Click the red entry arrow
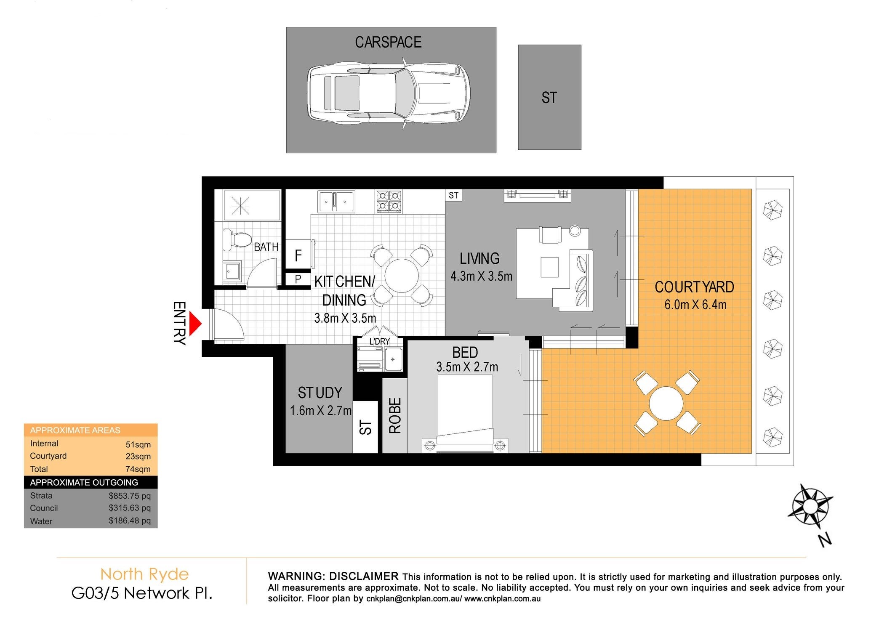click(195, 324)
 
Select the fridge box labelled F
click(298, 255)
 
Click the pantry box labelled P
click(298, 279)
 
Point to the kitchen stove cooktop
click(389, 201)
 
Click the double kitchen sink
click(336, 202)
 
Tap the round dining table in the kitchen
click(401, 276)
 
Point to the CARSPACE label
click(388, 42)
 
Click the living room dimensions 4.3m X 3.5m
click(481, 276)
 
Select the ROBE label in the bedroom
click(395, 415)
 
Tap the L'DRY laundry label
click(380, 341)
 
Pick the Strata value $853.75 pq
click(130, 496)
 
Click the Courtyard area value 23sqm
click(138, 456)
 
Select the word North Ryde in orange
click(144, 574)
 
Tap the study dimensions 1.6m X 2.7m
click(320, 411)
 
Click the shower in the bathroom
click(252, 205)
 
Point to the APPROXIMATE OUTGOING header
click(84, 482)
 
